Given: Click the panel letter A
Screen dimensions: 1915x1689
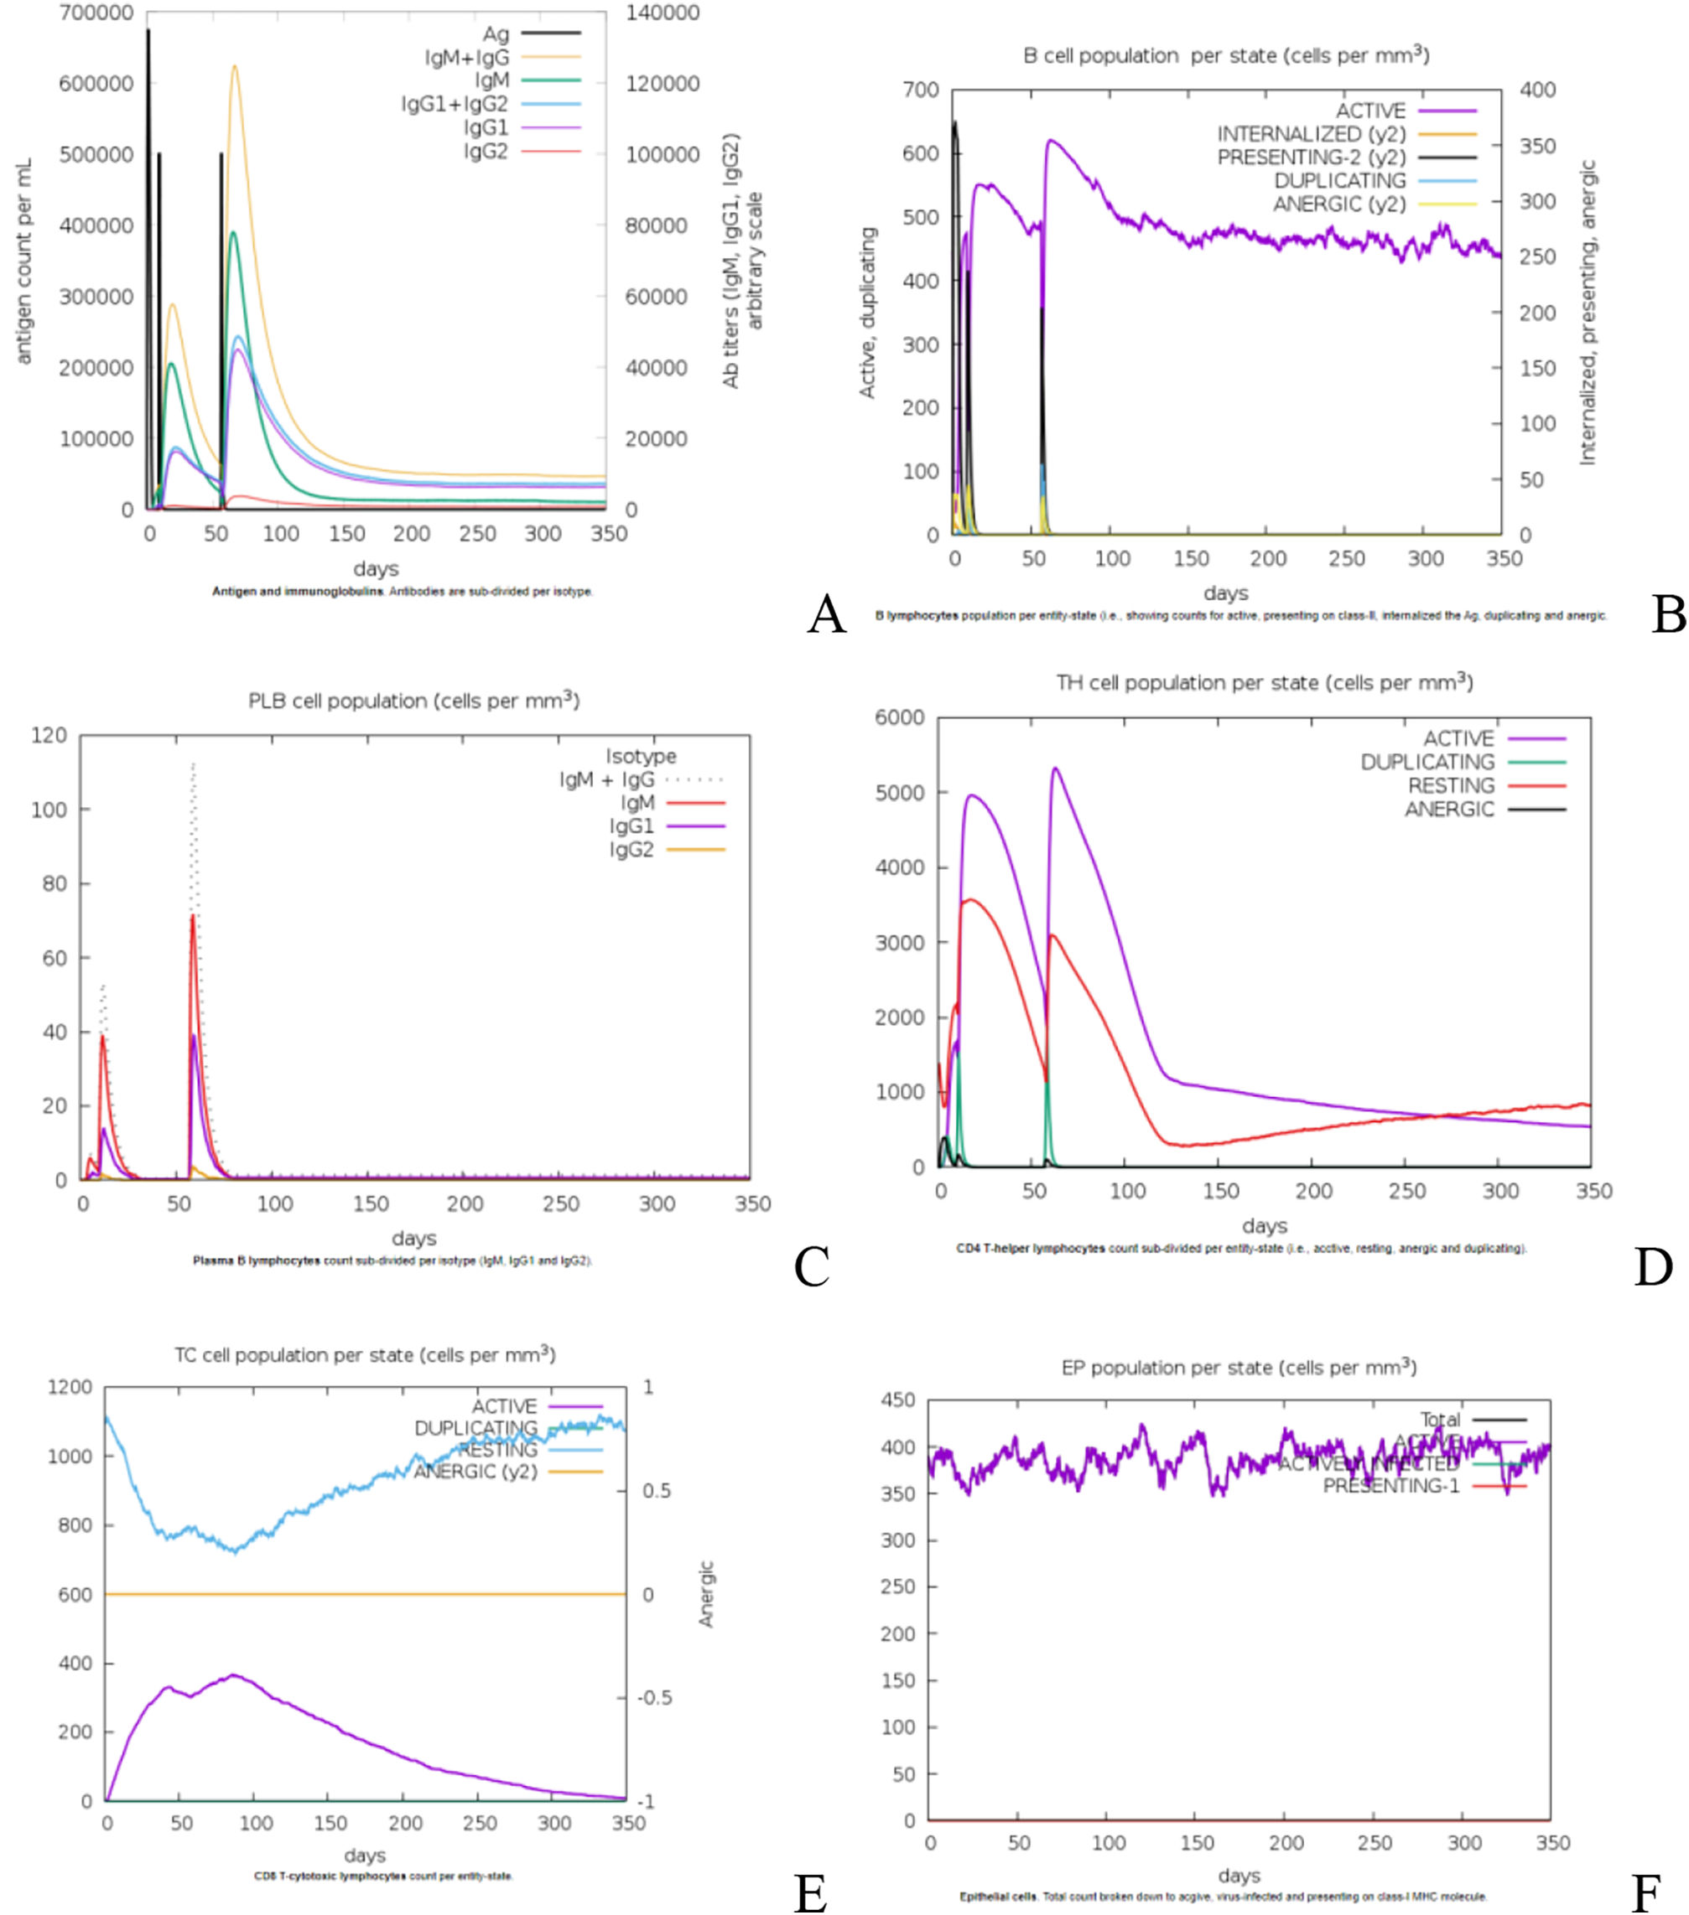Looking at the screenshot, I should pyautogui.click(x=826, y=615).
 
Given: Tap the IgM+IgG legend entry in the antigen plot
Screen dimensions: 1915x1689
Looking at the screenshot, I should pyautogui.click(x=467, y=58).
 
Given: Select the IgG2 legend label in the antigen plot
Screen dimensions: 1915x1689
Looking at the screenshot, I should pyautogui.click(x=486, y=151).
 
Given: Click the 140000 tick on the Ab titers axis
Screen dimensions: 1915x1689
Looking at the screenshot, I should pyautogui.click(x=663, y=13).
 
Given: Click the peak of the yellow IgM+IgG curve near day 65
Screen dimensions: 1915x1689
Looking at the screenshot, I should pyautogui.click(x=234, y=66).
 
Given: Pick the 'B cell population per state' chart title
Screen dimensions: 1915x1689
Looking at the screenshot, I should pyautogui.click(x=1226, y=55).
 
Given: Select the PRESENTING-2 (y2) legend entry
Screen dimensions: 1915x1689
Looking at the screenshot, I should pyautogui.click(x=1310, y=158).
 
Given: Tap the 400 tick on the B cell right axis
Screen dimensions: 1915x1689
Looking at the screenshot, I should pyautogui.click(x=1537, y=90).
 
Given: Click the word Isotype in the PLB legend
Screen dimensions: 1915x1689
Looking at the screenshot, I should pyautogui.click(x=640, y=756).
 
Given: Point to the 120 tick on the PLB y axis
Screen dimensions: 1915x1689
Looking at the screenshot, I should pyautogui.click(x=49, y=736).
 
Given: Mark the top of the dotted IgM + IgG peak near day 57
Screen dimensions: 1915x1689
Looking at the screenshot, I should pyautogui.click(x=193, y=764).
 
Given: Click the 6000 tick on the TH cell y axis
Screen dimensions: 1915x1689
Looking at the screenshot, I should pyautogui.click(x=899, y=717).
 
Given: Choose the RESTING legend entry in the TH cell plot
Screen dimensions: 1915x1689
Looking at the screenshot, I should pyautogui.click(x=1451, y=786).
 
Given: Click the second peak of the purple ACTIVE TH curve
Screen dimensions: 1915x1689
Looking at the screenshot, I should pyautogui.click(x=1055, y=769).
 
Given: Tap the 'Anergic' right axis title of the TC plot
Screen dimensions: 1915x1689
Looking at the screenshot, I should pyautogui.click(x=707, y=1594).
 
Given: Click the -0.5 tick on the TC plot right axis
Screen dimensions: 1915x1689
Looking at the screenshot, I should pyautogui.click(x=655, y=1698).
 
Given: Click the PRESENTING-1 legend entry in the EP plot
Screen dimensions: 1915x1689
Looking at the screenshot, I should pyautogui.click(x=1391, y=1486).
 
